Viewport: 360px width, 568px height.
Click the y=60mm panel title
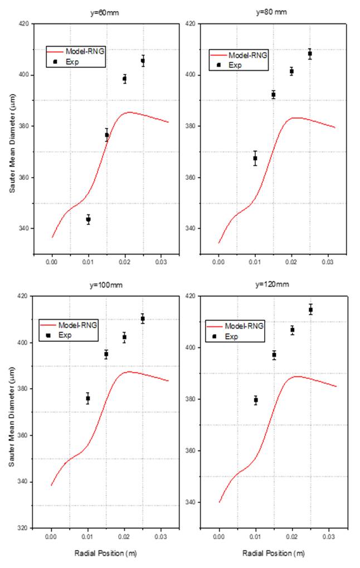click(106, 12)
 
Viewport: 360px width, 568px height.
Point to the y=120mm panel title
click(273, 285)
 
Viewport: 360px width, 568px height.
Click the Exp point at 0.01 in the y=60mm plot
click(88, 219)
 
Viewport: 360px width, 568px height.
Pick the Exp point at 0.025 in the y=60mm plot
click(143, 61)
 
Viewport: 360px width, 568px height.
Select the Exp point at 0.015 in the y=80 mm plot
click(273, 95)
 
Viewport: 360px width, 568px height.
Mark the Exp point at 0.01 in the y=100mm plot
click(87, 398)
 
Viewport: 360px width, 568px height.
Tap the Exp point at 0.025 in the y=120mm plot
click(310, 310)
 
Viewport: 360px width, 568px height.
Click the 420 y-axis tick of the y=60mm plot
click(24, 24)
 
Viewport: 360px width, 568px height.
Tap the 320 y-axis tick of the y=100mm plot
click(24, 527)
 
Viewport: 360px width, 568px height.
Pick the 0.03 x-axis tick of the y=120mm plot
click(328, 538)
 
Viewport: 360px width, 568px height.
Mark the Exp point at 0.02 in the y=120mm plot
click(292, 330)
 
